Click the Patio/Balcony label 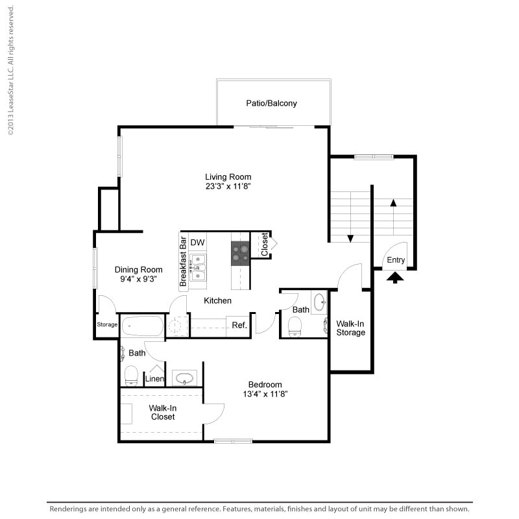[x=271, y=103]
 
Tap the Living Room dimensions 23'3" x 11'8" [x=228, y=186]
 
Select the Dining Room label [x=138, y=270]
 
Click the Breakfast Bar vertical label [x=184, y=261]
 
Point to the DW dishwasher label [x=198, y=243]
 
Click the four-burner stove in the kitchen [x=240, y=253]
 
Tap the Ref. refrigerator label [x=239, y=325]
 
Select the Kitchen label [x=218, y=300]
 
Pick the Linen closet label [x=154, y=379]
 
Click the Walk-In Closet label [x=162, y=413]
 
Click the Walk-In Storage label [x=351, y=328]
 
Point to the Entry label [x=396, y=260]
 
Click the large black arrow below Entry [x=395, y=277]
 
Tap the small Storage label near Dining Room [x=106, y=324]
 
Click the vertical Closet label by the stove [x=264, y=245]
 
